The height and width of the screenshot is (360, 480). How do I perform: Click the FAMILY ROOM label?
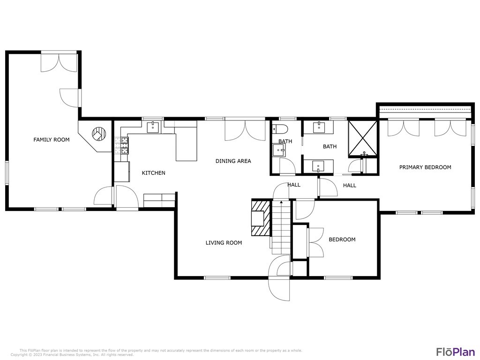point(51,140)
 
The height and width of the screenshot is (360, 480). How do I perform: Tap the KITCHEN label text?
point(153,173)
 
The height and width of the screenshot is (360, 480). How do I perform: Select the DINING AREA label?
point(233,161)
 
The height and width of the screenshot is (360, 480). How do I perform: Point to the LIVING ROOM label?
point(224,243)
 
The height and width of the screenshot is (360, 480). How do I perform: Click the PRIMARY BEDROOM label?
point(425,167)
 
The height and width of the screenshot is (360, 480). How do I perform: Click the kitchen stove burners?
point(121,145)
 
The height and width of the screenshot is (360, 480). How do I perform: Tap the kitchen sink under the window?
point(153,127)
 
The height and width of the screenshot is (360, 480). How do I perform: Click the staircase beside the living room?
point(281,225)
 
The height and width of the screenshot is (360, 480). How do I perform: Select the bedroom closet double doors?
point(315,242)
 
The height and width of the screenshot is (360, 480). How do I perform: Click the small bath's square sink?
point(279,150)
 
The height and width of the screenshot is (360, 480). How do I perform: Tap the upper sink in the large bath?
point(318,127)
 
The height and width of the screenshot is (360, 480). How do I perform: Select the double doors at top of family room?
point(59,62)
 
